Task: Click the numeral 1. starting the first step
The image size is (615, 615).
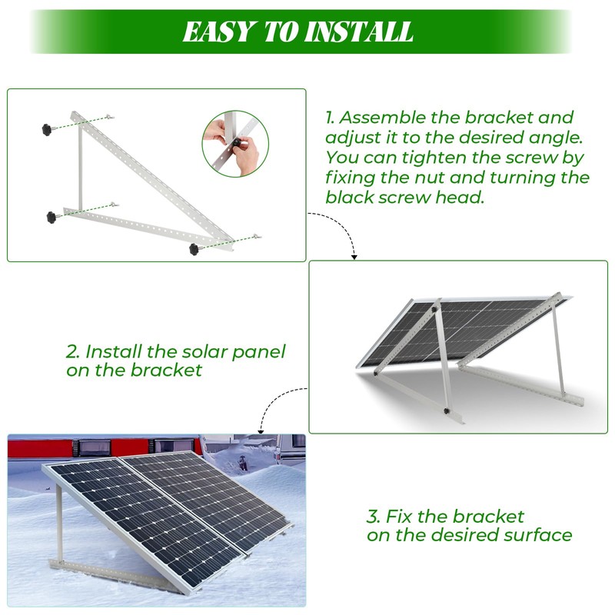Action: [x=330, y=118]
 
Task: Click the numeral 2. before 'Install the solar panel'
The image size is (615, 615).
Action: [x=73, y=352]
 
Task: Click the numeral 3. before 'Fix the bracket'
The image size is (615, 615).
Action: [x=374, y=517]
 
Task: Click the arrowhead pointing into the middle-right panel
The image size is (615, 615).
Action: [x=353, y=255]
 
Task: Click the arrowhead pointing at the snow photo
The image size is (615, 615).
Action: [x=261, y=428]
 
